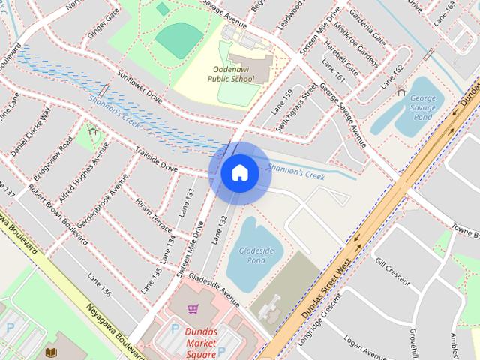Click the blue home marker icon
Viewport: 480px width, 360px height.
[x=239, y=173]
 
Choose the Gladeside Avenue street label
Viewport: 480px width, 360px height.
[x=214, y=289]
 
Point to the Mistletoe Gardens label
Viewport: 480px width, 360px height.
[x=358, y=41]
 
